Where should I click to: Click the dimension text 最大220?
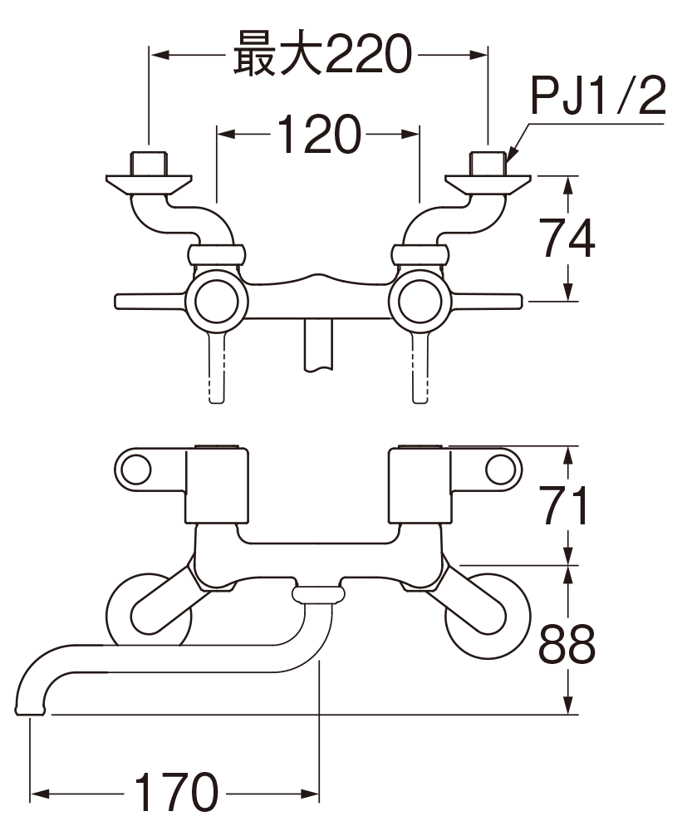[x=322, y=53]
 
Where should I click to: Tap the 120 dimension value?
[x=319, y=134]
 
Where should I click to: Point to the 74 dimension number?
[x=567, y=238]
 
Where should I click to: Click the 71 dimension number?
[x=564, y=505]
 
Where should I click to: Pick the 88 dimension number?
[x=567, y=644]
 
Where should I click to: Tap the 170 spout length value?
[x=176, y=792]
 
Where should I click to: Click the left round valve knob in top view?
[x=216, y=302]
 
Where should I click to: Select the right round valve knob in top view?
[x=420, y=302]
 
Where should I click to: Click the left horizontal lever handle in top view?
[x=150, y=302]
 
